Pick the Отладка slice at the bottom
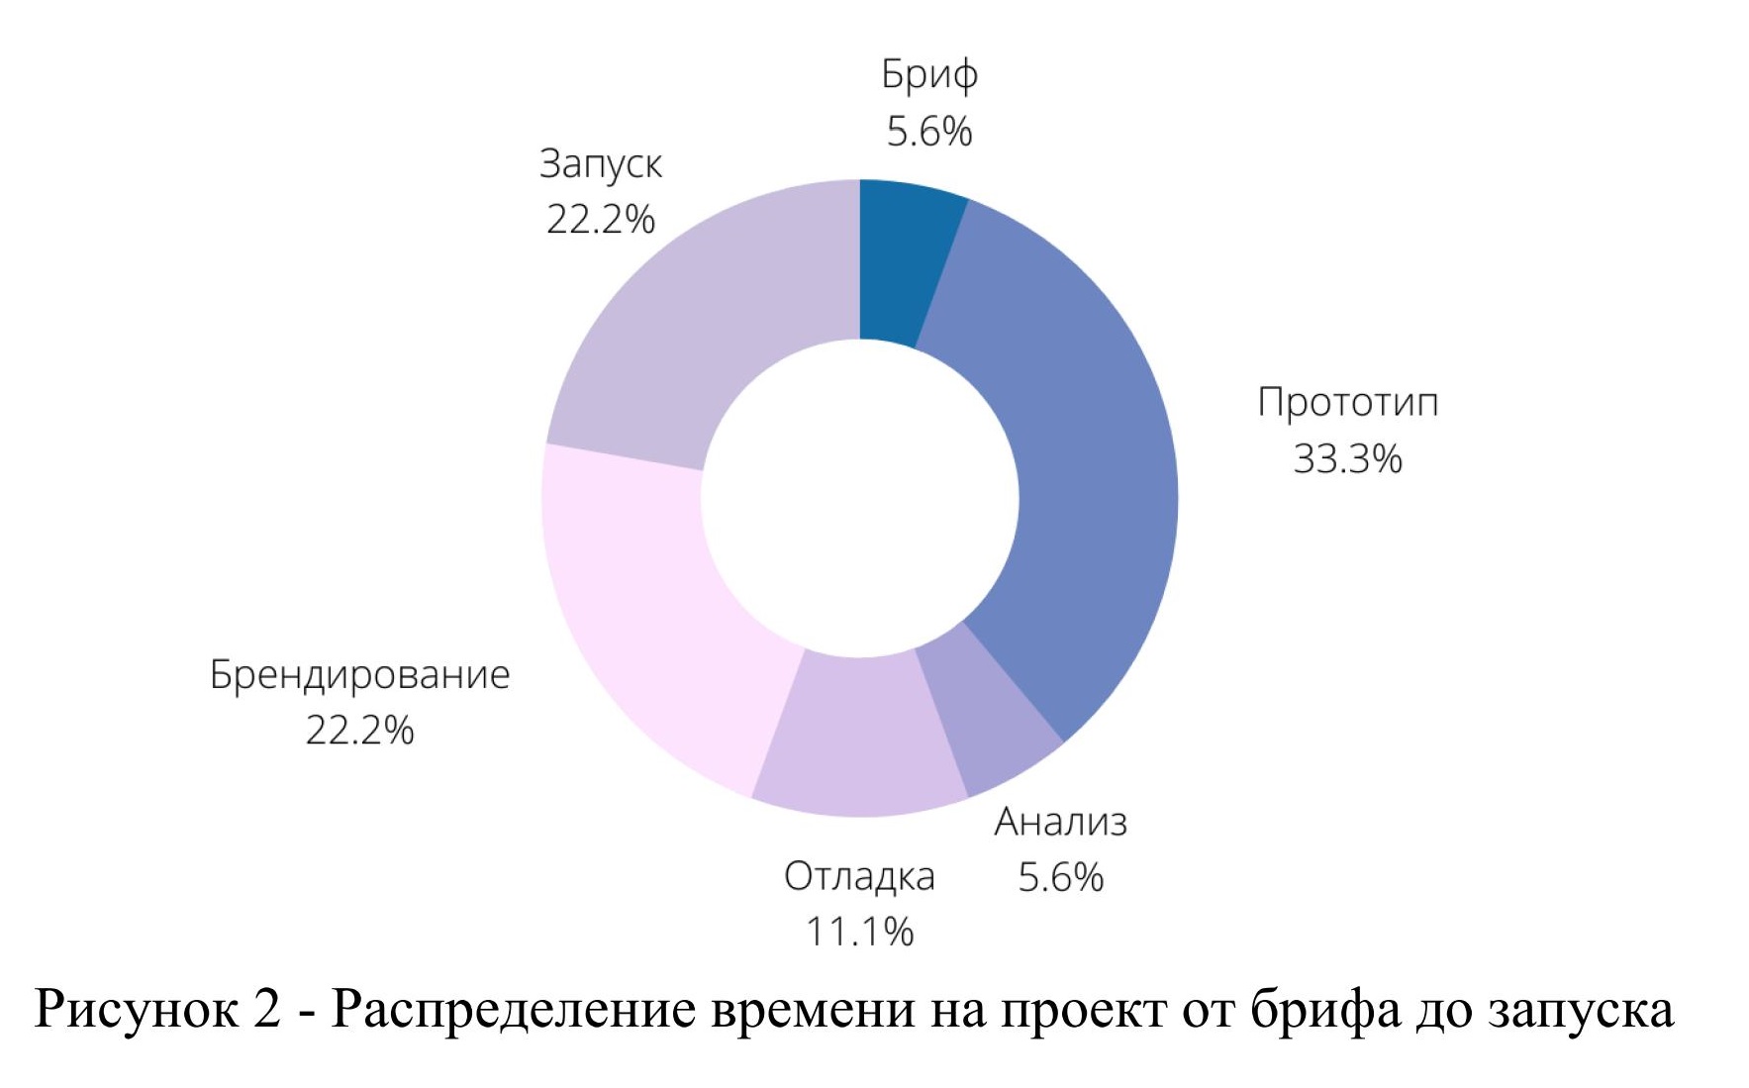(x=859, y=738)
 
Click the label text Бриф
(x=929, y=75)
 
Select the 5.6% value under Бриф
(x=929, y=132)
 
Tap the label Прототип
(x=1347, y=403)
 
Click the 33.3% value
(x=1347, y=459)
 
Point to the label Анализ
(x=1060, y=822)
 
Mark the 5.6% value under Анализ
(x=1060, y=877)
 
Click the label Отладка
(x=859, y=877)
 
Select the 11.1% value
(x=859, y=933)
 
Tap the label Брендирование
(x=359, y=675)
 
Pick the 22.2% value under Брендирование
(x=359, y=731)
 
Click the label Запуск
(x=600, y=164)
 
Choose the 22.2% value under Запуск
(x=600, y=220)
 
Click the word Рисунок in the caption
(x=136, y=1010)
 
